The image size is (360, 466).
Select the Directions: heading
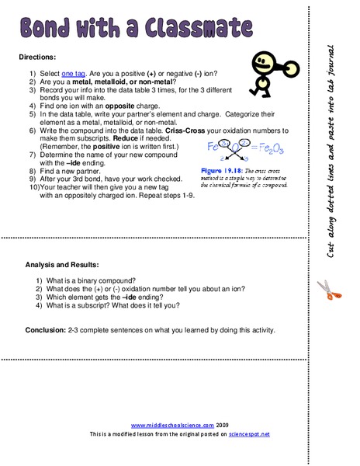pos(42,58)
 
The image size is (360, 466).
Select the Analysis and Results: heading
pos(62,264)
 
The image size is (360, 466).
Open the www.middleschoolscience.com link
pos(165,426)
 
